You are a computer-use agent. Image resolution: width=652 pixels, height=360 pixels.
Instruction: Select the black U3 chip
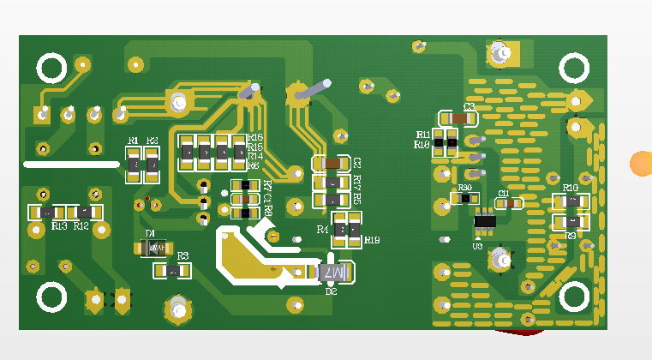485,221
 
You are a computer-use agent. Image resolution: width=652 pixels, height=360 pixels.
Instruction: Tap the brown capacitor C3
459,117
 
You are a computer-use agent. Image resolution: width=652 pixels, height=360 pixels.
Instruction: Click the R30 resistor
465,198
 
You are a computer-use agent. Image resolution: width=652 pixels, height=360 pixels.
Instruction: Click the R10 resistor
571,201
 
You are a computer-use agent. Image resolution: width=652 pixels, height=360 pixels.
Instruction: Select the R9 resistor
571,221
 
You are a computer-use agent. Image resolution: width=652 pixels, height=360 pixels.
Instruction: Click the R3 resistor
172,271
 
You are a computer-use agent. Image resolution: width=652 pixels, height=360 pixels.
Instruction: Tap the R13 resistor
48,212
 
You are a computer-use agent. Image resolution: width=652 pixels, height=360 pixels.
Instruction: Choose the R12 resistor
86,212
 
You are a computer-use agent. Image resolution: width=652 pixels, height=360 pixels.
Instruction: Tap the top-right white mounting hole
574,68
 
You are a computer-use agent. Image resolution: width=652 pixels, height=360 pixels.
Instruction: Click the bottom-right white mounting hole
574,297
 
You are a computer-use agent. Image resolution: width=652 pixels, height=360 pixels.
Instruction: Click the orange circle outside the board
642,163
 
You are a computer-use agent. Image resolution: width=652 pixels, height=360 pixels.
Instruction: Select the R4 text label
323,230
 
